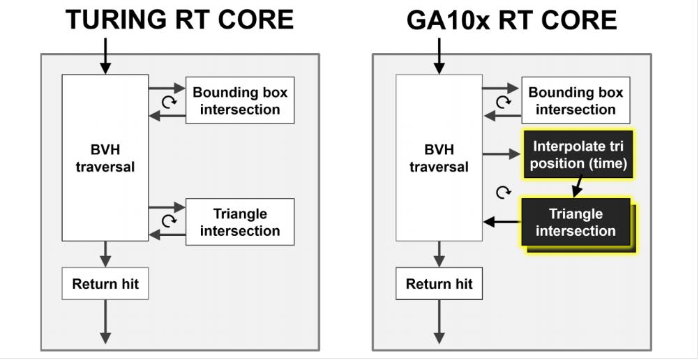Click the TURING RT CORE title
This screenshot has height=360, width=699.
[x=179, y=20]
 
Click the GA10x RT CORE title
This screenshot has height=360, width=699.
[x=512, y=20]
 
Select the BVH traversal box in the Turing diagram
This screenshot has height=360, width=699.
[x=105, y=158]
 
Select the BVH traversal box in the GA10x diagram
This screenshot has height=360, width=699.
[x=439, y=158]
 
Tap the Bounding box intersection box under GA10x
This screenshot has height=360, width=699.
[x=576, y=101]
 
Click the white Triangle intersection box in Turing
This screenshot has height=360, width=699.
[x=240, y=222]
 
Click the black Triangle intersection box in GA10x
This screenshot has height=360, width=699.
[x=576, y=223]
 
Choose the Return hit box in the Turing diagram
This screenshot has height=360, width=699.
[x=105, y=284]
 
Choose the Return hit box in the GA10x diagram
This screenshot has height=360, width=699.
[x=439, y=284]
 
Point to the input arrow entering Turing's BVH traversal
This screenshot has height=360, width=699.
[x=105, y=57]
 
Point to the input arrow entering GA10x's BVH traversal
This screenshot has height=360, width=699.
[x=439, y=57]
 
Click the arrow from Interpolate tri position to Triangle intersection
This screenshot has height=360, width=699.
[x=577, y=186]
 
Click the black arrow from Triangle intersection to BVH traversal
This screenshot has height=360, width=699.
[x=502, y=222]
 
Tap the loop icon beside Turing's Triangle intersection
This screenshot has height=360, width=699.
[x=167, y=221]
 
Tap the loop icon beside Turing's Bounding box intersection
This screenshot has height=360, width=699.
[x=167, y=102]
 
